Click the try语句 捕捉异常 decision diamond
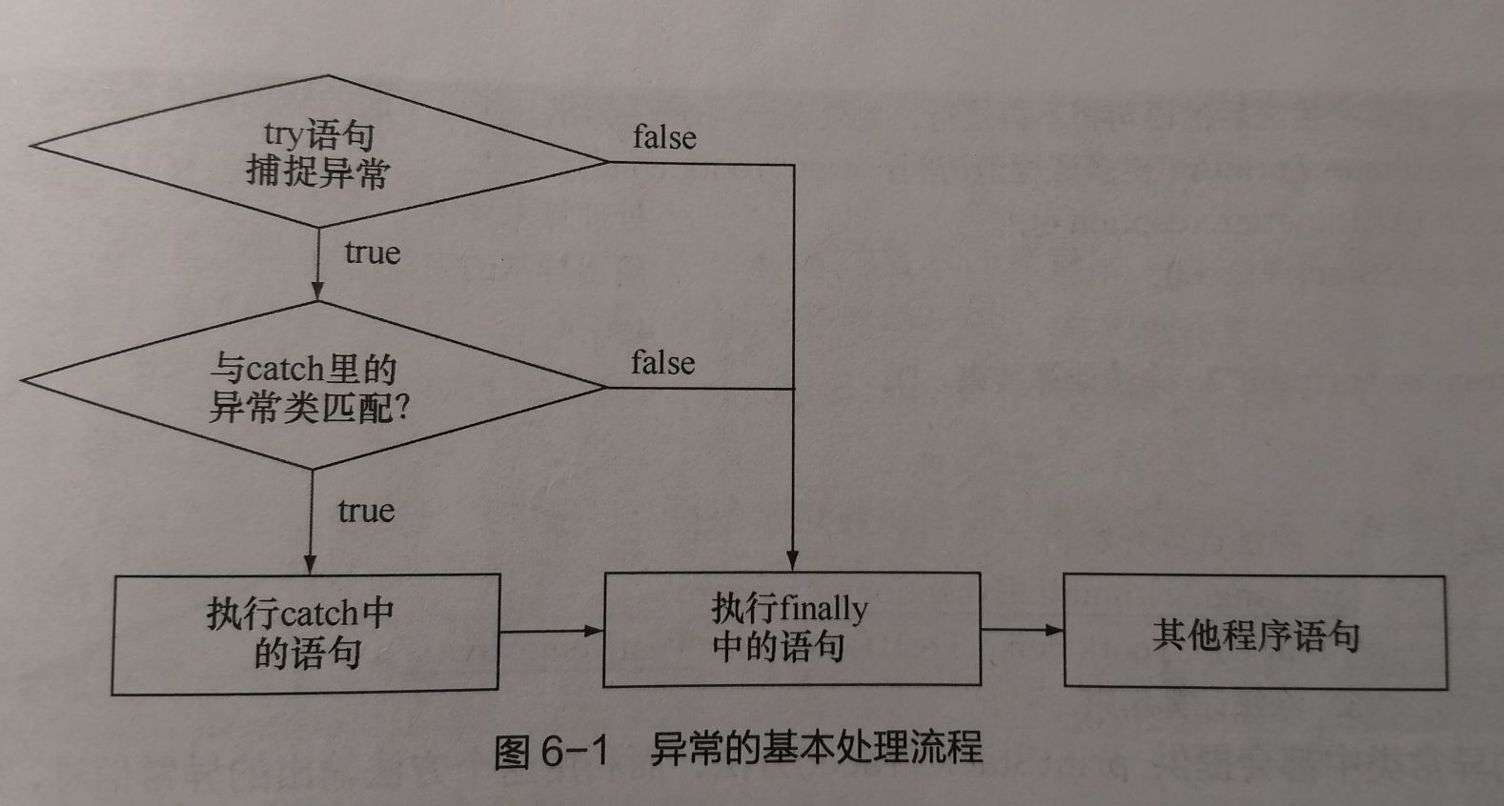[x=318, y=152]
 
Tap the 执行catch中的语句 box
[x=305, y=634]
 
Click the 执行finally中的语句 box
[x=791, y=629]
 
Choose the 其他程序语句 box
[x=1254, y=633]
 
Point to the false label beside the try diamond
[x=664, y=137]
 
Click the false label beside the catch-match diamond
[x=662, y=363]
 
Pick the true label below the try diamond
[x=372, y=252]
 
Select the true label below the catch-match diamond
[x=366, y=511]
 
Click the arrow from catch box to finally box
[x=551, y=631]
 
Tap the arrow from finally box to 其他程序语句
[x=1022, y=630]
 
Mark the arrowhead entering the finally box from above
[x=793, y=561]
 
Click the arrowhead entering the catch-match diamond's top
[x=317, y=291]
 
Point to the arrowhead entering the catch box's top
[x=311, y=563]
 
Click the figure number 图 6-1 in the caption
[x=551, y=752]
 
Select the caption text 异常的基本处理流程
[x=816, y=748]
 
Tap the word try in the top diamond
[x=283, y=134]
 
